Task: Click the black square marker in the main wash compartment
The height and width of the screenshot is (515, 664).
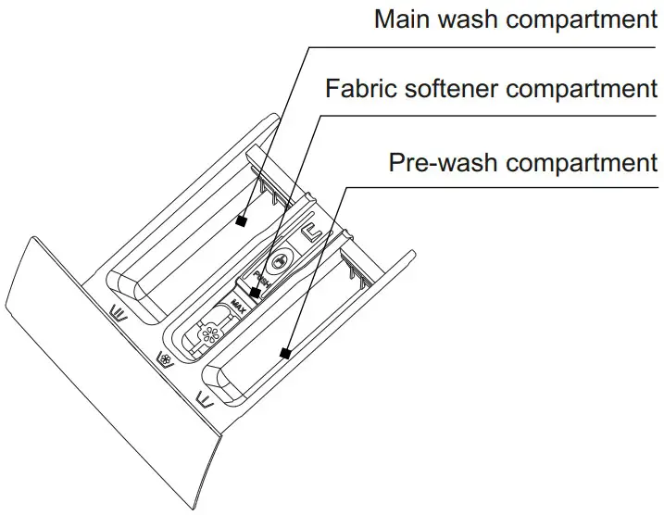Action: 242,220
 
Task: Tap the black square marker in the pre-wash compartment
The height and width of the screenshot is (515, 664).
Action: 285,353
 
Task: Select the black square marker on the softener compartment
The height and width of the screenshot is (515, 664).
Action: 255,294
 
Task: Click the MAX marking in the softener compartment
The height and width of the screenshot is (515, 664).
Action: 239,302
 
